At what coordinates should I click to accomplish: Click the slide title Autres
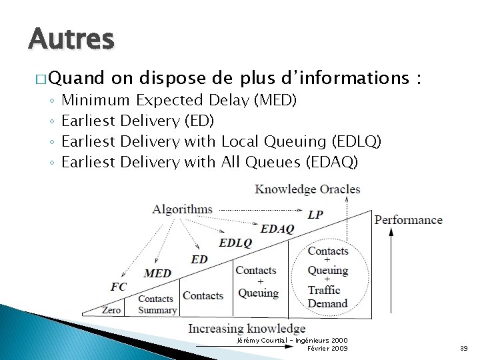71,39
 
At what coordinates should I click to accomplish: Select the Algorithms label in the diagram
182,209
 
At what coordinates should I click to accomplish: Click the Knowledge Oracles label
307,189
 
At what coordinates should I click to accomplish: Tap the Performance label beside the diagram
408,220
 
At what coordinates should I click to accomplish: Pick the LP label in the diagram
315,215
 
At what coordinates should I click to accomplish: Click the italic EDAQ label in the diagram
277,229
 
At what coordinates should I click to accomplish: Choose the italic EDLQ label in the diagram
235,243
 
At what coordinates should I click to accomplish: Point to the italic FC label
119,287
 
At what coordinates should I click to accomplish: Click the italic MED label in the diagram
157,273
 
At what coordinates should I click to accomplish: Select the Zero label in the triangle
111,310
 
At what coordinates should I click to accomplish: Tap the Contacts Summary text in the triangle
157,304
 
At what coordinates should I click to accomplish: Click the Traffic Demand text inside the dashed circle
327,297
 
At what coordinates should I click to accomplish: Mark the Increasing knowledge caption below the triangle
247,328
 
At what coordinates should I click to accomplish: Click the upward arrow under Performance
391,267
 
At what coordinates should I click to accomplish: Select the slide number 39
464,349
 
